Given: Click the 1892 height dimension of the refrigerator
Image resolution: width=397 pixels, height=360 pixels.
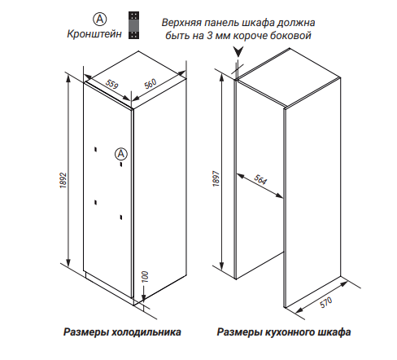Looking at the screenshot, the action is click(x=63, y=180).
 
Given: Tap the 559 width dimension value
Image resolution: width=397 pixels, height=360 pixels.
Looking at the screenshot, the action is click(x=112, y=84).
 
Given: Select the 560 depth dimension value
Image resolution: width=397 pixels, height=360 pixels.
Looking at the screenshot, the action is click(x=151, y=84).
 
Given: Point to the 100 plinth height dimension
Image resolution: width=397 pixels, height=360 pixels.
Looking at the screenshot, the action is click(x=146, y=277).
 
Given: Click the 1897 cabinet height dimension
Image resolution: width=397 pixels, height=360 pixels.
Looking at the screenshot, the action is click(x=216, y=178).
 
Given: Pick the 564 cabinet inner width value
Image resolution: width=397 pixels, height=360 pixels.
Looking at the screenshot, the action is click(x=260, y=179).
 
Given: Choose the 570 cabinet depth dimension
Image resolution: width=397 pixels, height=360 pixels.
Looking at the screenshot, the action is click(x=325, y=302).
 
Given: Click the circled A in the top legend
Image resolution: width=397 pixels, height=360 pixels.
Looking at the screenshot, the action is click(x=100, y=19).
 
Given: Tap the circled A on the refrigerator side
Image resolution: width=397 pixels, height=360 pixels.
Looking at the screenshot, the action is click(x=121, y=154).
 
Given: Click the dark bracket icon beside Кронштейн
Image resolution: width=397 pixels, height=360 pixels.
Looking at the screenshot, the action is click(x=133, y=25).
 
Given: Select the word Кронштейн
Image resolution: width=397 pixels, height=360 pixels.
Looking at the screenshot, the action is click(x=94, y=34).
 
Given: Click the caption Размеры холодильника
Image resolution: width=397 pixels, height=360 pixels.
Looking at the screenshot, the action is click(x=122, y=331).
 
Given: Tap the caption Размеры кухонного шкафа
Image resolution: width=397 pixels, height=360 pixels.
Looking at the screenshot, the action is click(x=284, y=331).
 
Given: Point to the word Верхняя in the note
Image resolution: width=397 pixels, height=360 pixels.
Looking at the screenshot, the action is click(x=181, y=23).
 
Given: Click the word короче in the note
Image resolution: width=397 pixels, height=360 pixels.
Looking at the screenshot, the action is click(x=251, y=36).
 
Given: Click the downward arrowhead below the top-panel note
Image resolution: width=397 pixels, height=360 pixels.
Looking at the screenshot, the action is click(x=238, y=51).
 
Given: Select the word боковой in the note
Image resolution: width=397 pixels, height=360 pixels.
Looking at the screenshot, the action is click(x=291, y=36).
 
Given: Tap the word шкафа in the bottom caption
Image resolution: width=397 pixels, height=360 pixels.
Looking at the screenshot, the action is click(x=335, y=331).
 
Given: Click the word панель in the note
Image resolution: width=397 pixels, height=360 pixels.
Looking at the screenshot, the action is click(x=221, y=23).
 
